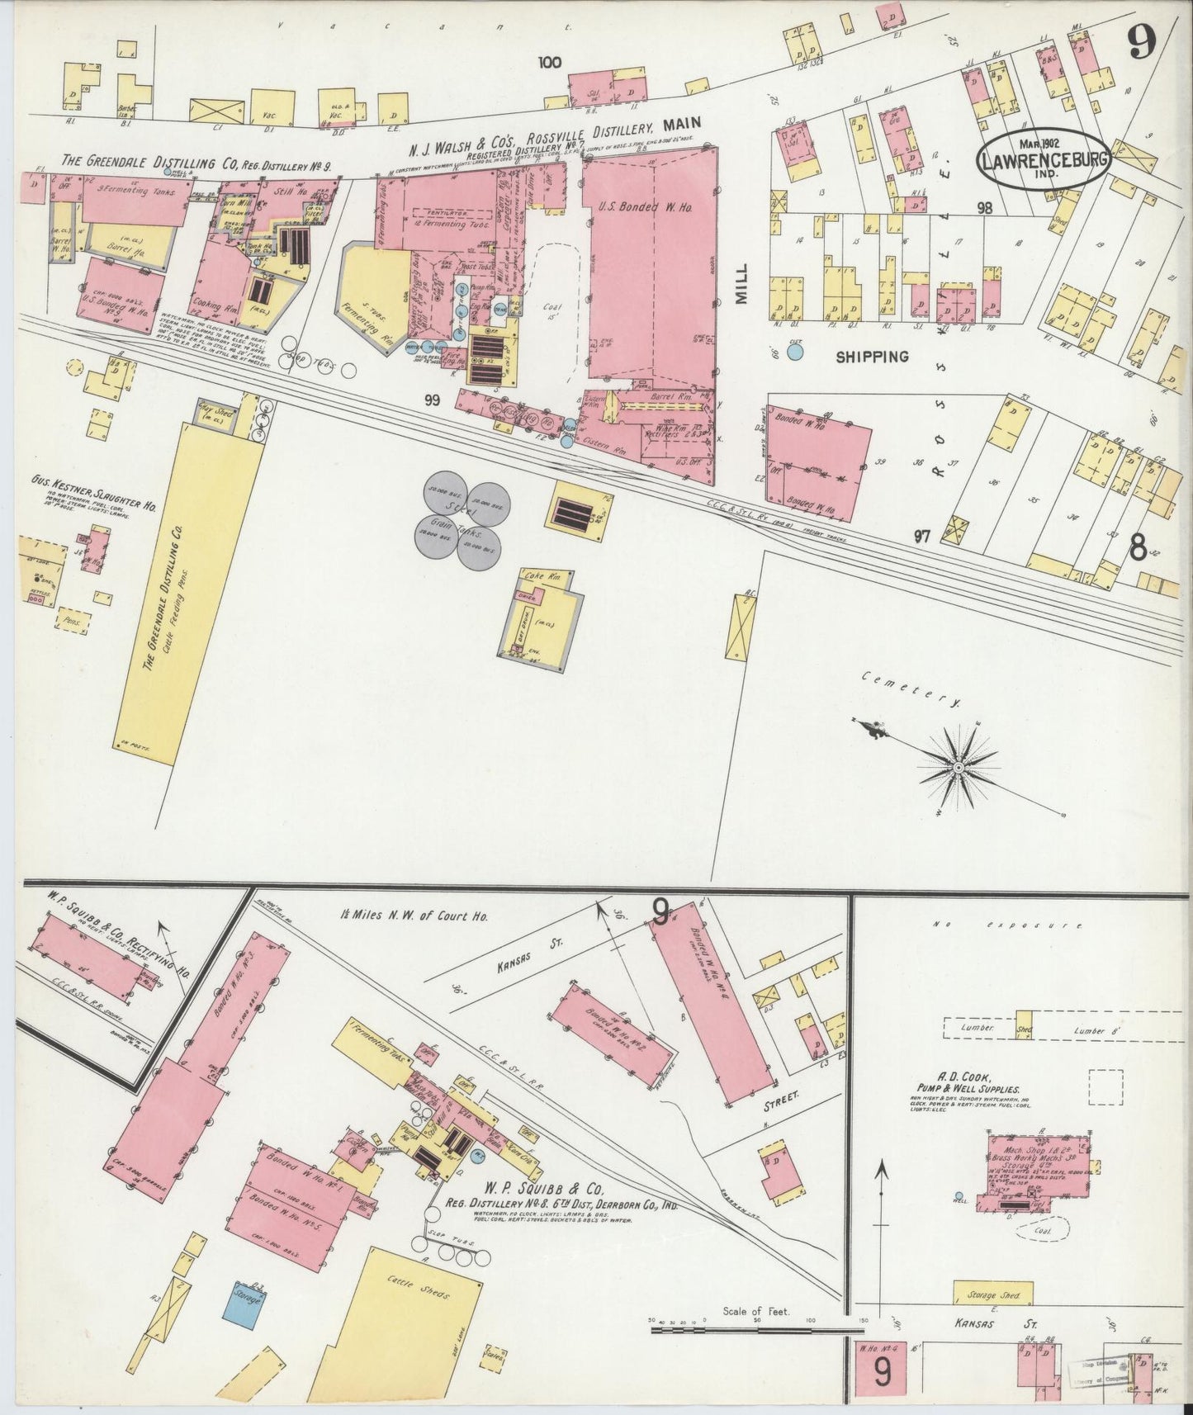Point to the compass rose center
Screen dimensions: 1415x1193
point(959,768)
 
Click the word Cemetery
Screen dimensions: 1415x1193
point(911,689)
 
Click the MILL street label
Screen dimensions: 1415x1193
point(741,284)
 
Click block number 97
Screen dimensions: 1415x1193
point(921,537)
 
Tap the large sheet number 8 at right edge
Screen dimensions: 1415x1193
point(1138,550)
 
